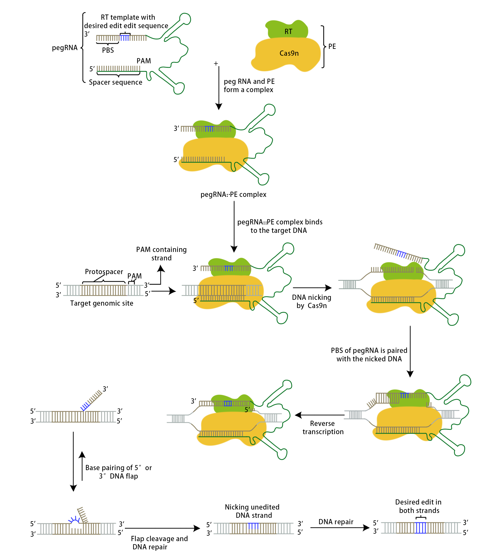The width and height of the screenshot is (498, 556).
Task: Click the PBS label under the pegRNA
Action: pos(108,50)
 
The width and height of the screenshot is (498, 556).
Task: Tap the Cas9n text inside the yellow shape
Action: pos(289,53)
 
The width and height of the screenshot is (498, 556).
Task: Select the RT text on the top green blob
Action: pos(288,32)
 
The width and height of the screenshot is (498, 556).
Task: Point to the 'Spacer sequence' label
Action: pos(115,82)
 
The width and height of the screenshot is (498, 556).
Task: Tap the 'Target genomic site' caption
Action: pos(102,303)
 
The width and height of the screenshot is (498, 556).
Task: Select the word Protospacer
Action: pos(104,271)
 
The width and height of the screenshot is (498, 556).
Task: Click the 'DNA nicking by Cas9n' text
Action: pos(312,301)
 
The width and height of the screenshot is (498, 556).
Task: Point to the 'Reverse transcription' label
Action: pos(323,428)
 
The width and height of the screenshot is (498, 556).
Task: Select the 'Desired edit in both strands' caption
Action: pos(419,506)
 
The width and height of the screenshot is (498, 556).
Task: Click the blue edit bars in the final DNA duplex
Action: pos(420,528)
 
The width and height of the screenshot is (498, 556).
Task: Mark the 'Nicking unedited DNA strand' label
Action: pos(252,511)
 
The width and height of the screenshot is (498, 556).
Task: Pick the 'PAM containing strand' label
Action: pos(161,254)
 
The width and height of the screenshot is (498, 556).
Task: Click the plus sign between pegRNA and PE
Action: pos(216,64)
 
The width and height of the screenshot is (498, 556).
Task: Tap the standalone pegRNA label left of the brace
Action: pos(65,48)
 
